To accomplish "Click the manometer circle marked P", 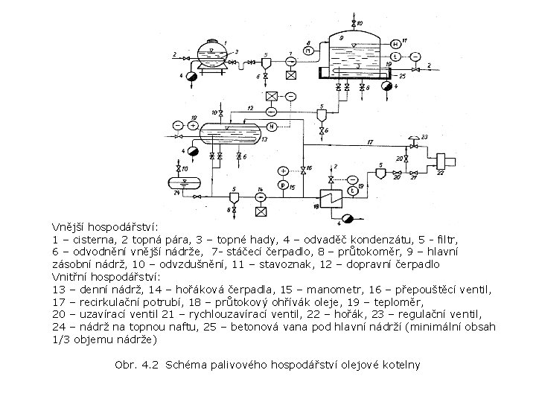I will [283, 185].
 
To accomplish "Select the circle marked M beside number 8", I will [309, 51].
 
